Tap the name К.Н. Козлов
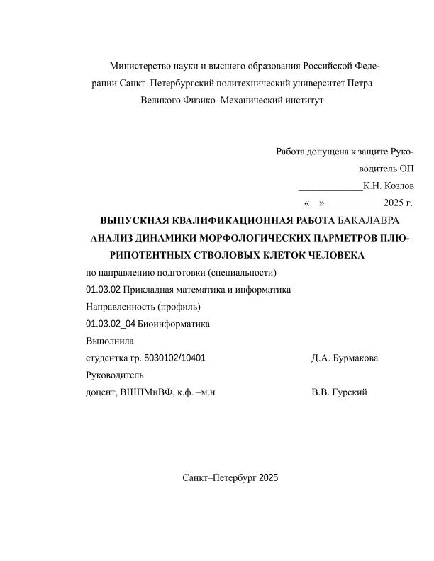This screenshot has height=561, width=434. pos(388,187)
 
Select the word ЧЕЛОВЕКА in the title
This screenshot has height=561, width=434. pos(331,255)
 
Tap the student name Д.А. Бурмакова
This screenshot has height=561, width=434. pos(345,358)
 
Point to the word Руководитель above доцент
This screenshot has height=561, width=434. pos(114,375)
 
